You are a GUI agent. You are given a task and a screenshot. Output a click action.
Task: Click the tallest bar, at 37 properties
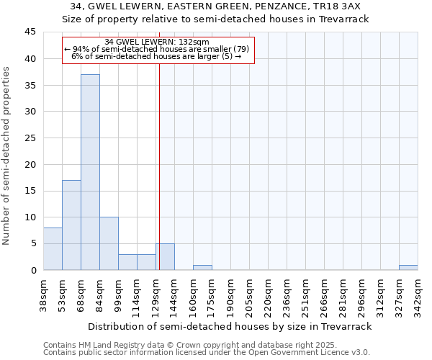(90, 173)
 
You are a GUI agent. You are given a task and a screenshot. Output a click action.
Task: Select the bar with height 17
(71, 225)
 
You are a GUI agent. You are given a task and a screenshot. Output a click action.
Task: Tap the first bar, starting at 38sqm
(53, 249)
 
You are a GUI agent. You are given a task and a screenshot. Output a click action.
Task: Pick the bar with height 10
(109, 243)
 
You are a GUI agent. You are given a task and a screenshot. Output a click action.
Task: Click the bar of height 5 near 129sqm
(165, 257)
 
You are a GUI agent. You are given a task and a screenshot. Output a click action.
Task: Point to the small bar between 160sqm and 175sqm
(202, 268)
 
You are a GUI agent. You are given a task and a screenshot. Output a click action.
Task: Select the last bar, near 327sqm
(408, 268)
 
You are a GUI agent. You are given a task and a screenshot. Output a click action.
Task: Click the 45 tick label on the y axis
(30, 32)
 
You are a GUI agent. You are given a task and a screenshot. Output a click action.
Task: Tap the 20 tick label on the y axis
(30, 164)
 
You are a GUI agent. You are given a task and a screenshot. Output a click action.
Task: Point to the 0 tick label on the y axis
(32, 270)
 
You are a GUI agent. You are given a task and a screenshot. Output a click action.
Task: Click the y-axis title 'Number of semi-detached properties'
(7, 156)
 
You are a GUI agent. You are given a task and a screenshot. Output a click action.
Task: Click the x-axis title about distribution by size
(230, 326)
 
